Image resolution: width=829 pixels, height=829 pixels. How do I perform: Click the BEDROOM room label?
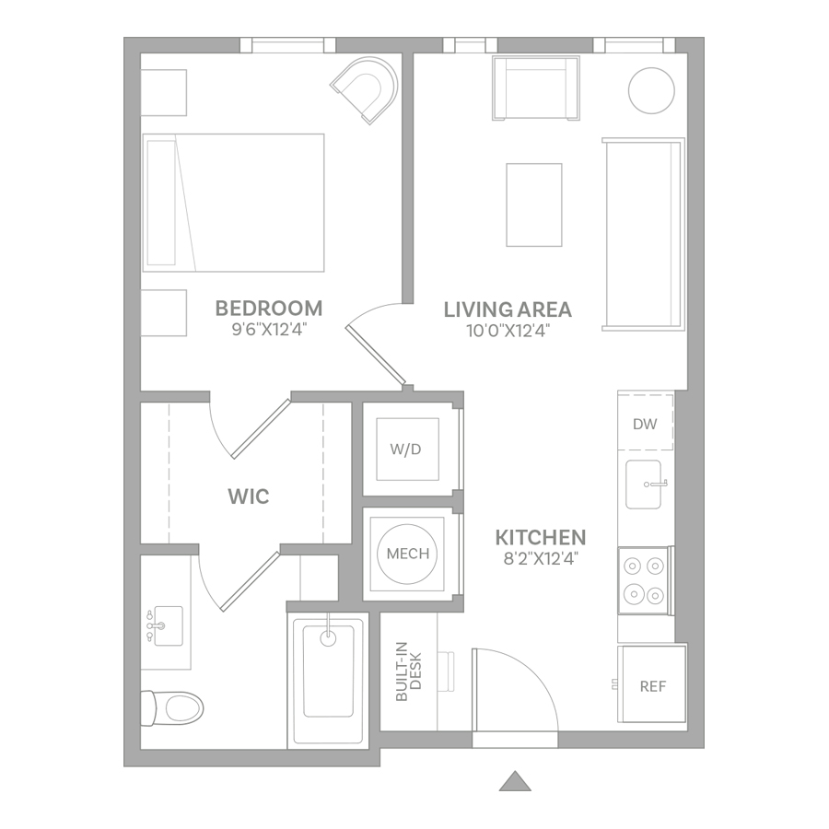[269, 309]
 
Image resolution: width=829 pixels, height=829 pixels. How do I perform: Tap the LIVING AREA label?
[508, 309]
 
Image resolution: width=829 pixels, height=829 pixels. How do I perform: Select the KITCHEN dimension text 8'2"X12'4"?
[541, 558]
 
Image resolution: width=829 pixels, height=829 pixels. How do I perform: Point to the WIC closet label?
[249, 496]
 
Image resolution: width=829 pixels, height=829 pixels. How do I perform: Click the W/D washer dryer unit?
[407, 450]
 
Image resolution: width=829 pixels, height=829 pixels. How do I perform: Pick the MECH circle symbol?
[407, 554]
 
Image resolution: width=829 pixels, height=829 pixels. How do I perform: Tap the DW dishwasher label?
[645, 424]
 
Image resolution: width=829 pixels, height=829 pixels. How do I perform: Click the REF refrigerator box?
[652, 683]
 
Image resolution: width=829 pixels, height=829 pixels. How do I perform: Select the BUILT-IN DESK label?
[409, 671]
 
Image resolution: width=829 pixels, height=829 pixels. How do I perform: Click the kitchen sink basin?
[644, 485]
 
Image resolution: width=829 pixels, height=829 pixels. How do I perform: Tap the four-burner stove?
[646, 580]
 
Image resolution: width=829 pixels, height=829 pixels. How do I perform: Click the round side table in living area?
[651, 90]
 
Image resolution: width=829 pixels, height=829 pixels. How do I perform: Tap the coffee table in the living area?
[534, 204]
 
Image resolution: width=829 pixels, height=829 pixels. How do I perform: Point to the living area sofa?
[644, 234]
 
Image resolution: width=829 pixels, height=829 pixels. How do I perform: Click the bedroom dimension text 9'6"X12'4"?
[269, 330]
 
